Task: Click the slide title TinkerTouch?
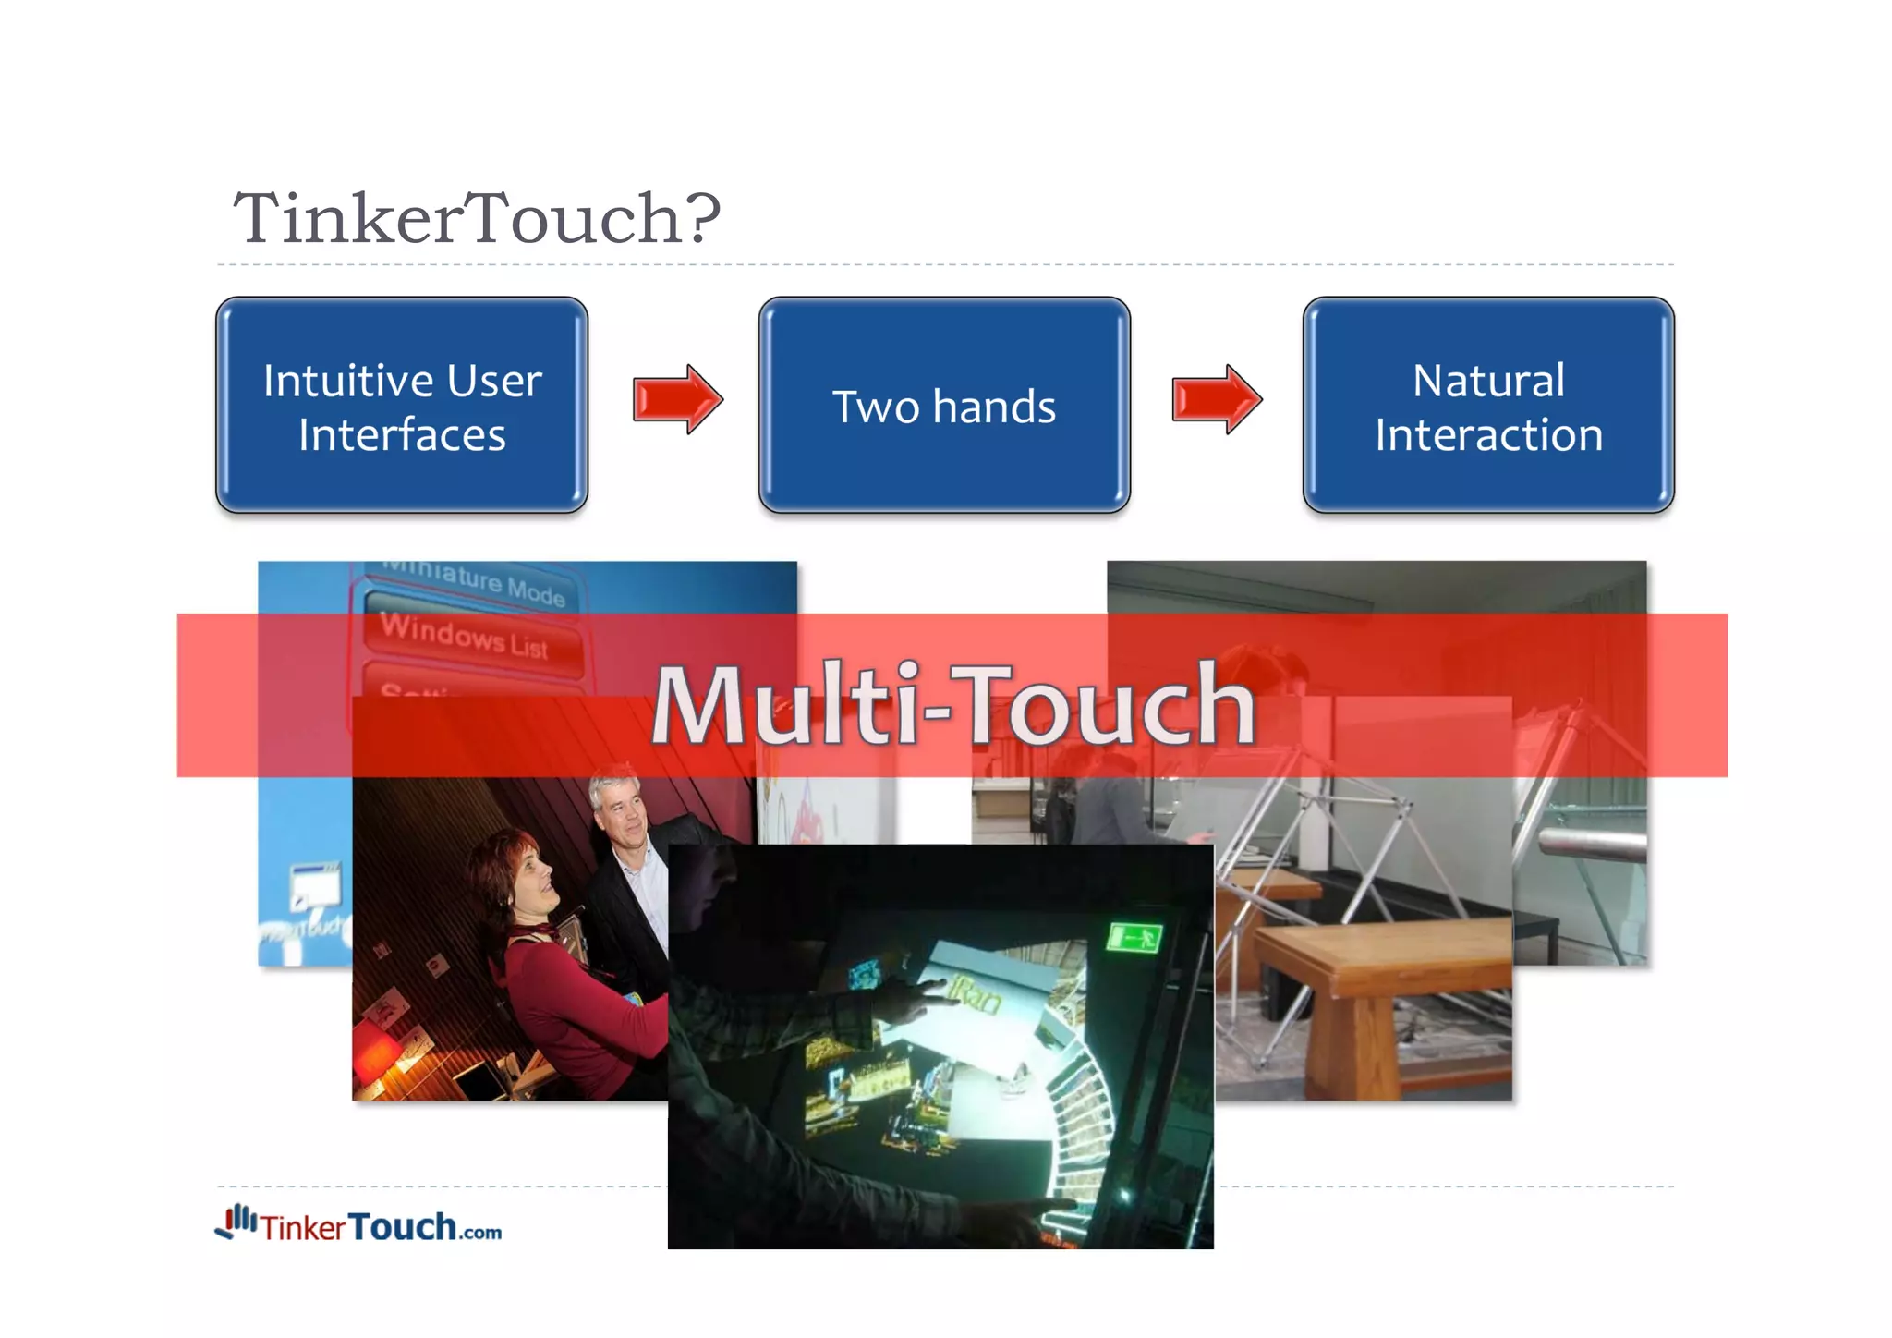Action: pyautogui.click(x=476, y=219)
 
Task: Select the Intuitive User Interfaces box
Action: pyautogui.click(x=402, y=406)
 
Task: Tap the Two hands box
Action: pyautogui.click(x=944, y=406)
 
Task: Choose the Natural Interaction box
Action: pyautogui.click(x=1487, y=406)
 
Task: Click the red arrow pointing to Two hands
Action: pyautogui.click(x=677, y=399)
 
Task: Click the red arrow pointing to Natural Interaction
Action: pyautogui.click(x=1217, y=399)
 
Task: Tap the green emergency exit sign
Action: pyautogui.click(x=1134, y=938)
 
